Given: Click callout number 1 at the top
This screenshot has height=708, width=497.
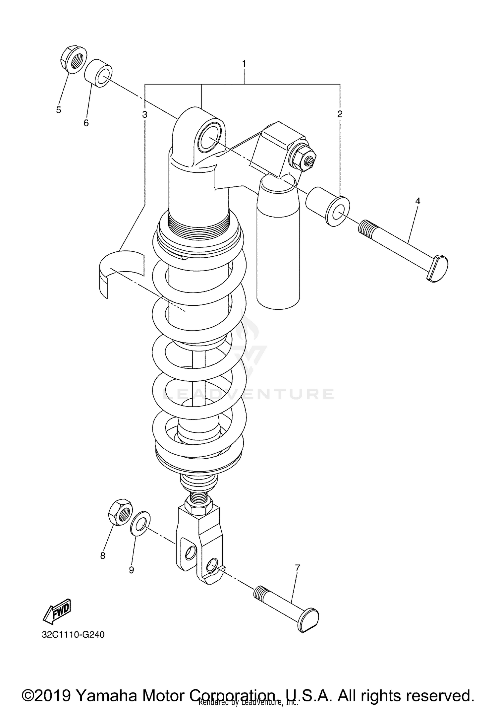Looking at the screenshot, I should tap(244, 63).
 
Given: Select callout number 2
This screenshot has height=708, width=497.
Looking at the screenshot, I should tap(340, 114).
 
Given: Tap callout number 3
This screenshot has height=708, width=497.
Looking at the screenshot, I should tap(144, 115).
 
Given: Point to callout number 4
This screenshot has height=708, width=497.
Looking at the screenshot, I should tap(417, 201).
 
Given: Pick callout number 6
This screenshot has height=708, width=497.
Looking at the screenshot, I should tap(86, 123).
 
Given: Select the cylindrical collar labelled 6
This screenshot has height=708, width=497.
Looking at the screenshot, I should tap(98, 73).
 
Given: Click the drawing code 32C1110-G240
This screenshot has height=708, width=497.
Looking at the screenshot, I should tap(73, 635).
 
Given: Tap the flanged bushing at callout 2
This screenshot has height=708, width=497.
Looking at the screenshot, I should tap(328, 206).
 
